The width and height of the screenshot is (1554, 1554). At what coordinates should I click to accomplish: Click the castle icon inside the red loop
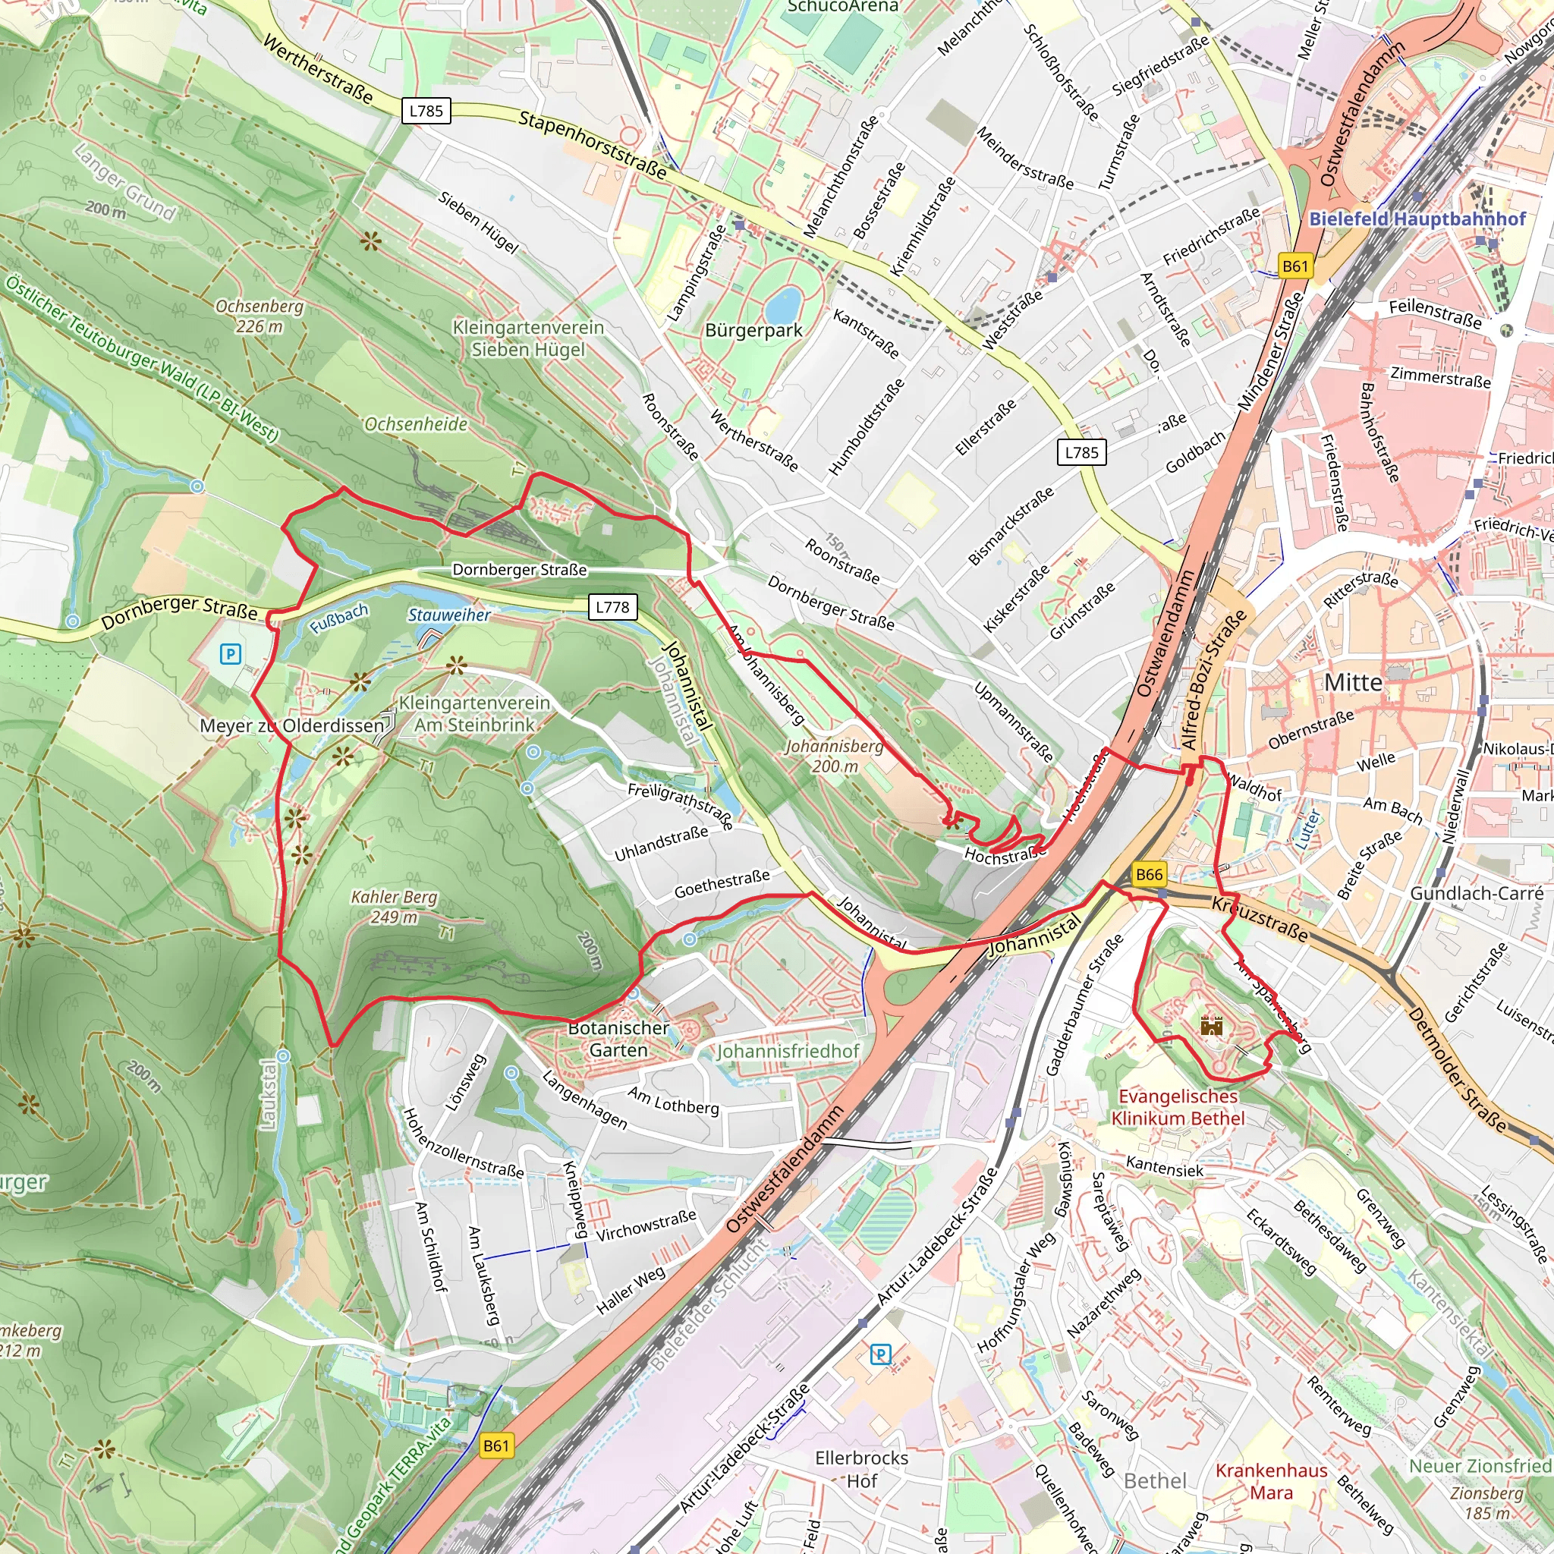click(1211, 1026)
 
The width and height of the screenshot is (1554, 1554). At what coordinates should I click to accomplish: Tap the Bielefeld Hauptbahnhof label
click(1417, 219)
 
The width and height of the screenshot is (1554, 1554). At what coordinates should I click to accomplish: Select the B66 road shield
click(1150, 874)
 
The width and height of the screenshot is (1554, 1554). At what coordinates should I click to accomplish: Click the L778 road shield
click(612, 606)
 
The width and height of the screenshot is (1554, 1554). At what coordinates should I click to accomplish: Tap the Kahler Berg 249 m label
click(394, 907)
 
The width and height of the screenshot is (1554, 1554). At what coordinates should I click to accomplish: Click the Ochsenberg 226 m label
click(260, 316)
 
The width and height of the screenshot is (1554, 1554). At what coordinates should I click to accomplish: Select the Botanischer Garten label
click(618, 1039)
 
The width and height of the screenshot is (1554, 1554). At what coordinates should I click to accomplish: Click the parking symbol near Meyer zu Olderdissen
click(231, 654)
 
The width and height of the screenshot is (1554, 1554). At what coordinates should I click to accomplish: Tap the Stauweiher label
click(449, 615)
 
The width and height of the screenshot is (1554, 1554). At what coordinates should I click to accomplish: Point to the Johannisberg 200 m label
click(834, 756)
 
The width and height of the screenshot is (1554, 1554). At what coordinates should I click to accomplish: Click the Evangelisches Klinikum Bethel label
click(1178, 1107)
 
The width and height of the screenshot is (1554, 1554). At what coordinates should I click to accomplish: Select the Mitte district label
click(1353, 683)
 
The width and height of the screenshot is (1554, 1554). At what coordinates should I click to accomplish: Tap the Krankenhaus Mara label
click(1271, 1482)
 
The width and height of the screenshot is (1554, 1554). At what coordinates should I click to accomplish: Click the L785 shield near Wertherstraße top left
click(426, 111)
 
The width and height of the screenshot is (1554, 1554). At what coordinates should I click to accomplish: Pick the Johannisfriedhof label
click(788, 1051)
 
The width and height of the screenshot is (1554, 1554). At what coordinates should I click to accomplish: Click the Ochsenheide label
click(416, 424)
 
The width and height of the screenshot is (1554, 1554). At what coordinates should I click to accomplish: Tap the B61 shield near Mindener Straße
click(1295, 266)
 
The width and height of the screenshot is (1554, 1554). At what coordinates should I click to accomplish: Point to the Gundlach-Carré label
click(1477, 893)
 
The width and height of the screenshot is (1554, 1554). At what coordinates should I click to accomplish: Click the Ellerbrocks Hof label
click(861, 1470)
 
